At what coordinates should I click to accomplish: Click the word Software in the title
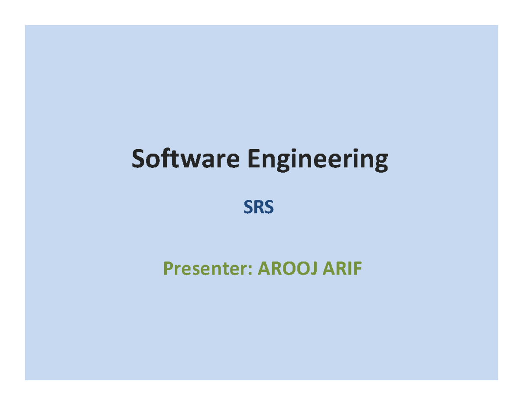(x=185, y=159)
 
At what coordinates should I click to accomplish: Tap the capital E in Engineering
(x=254, y=159)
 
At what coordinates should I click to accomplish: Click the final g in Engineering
(x=380, y=162)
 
